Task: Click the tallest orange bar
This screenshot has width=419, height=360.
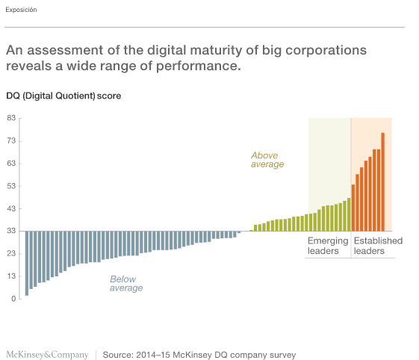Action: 382,181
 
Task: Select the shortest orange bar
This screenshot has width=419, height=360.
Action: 353,208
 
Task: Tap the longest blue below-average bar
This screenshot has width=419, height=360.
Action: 27,263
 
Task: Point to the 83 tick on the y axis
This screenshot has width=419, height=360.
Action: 11,118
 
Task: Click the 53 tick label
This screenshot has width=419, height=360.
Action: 11,186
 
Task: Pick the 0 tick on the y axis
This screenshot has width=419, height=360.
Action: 13,299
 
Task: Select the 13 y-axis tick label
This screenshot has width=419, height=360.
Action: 11,276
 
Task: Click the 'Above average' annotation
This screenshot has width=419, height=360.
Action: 267,160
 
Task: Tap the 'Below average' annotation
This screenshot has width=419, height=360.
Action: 126,283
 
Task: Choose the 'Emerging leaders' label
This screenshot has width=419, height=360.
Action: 328,246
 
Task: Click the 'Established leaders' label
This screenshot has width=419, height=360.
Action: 378,246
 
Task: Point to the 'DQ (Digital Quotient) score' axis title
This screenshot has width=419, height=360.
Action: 63,96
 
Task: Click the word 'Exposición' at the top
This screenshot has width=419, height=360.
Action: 21,10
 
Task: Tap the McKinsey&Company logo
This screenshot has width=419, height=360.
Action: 47,355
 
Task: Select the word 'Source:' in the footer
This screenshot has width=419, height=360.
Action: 118,355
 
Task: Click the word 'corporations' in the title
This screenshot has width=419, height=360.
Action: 326,51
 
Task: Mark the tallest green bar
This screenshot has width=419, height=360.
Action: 349,214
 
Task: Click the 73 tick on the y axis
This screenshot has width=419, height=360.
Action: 11,140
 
